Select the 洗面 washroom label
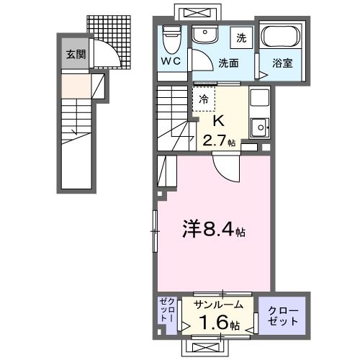tap(230, 63)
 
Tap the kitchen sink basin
tap(258, 129)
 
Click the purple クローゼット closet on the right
tap(282, 314)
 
